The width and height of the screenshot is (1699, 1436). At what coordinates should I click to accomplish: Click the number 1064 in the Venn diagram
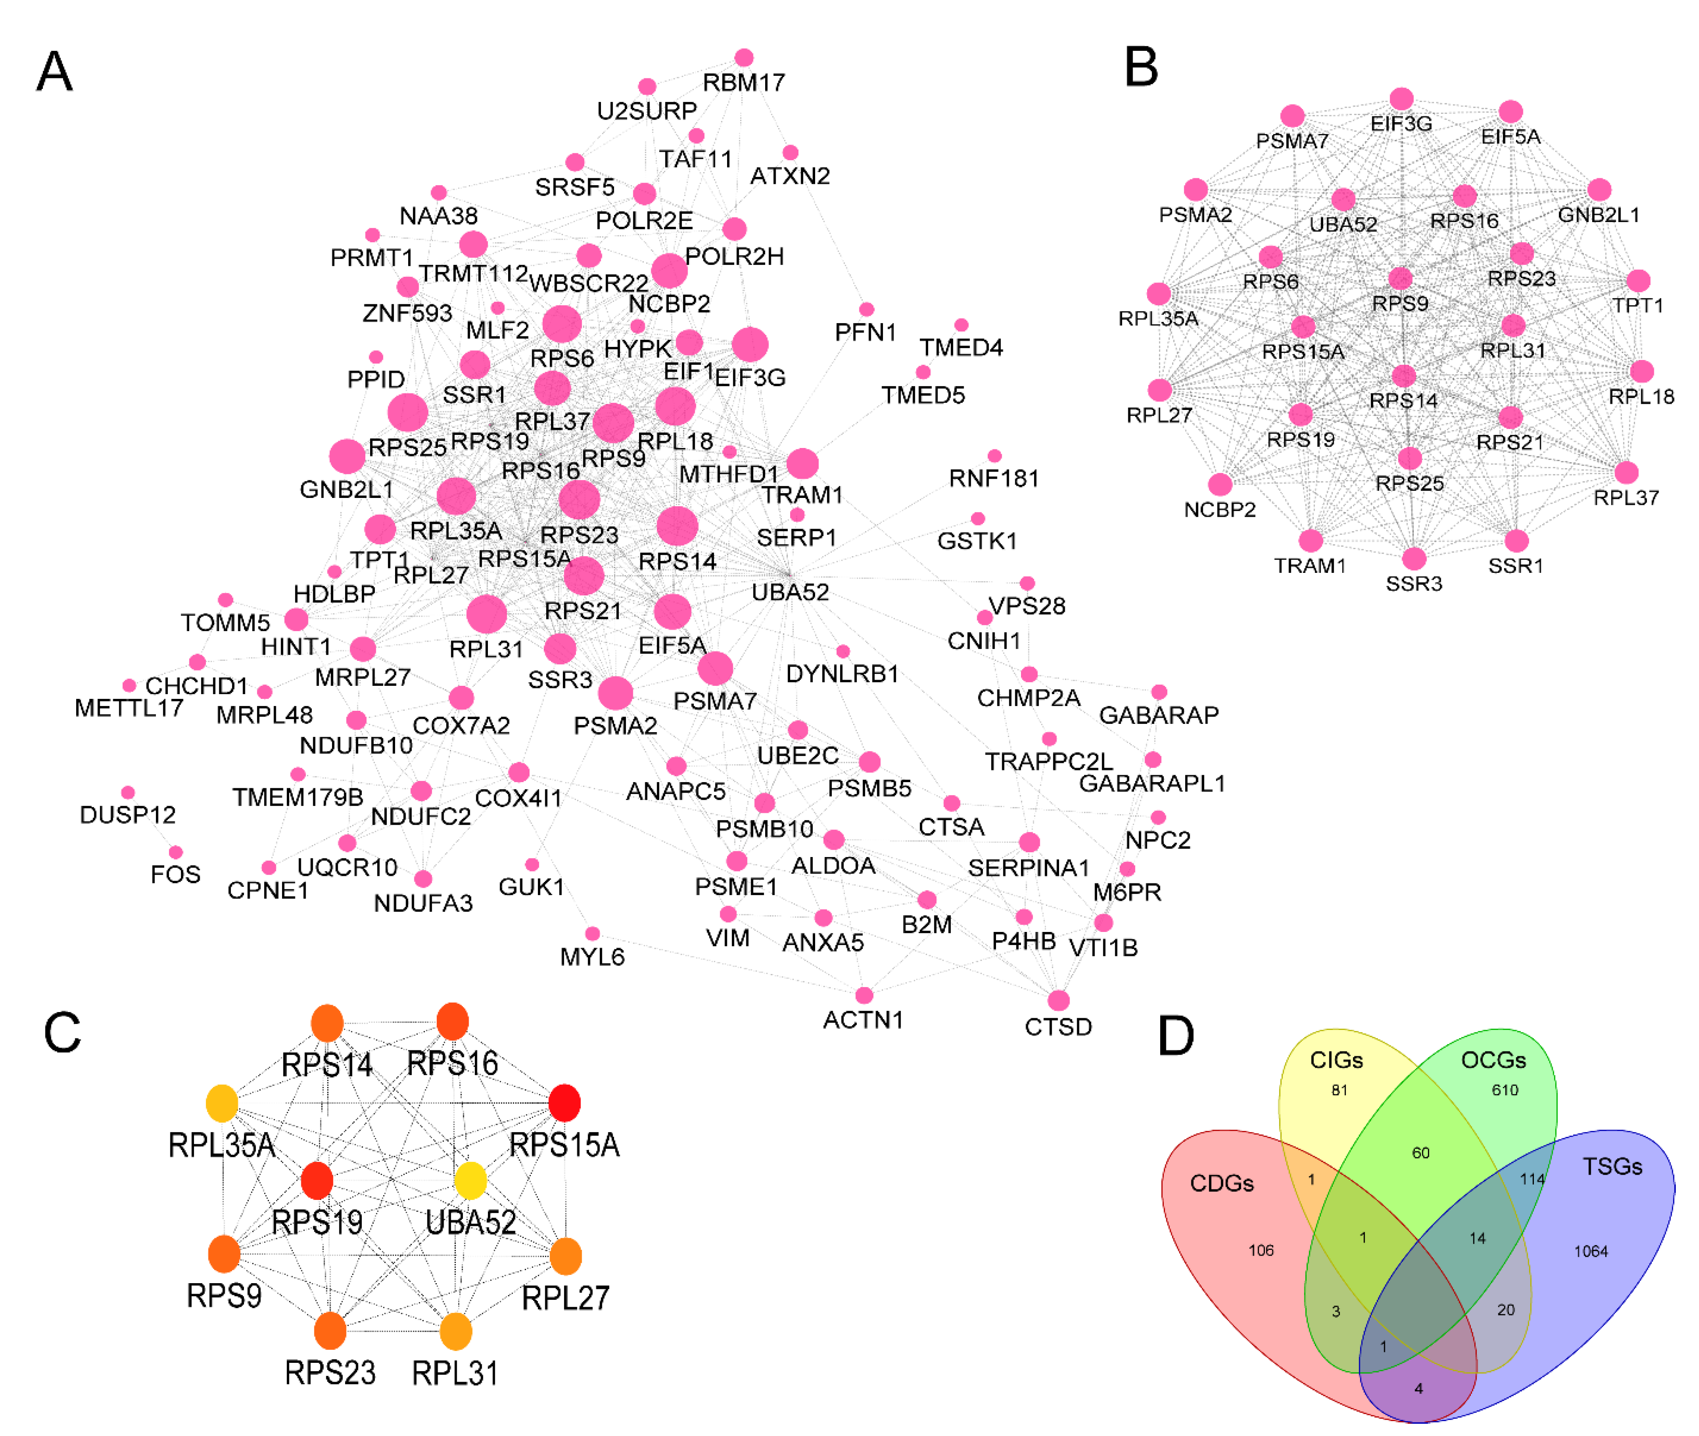pos(1590,1251)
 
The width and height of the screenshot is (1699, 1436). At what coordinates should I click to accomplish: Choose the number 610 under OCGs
pos(1505,1090)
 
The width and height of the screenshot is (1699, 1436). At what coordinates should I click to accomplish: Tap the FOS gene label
pos(175,874)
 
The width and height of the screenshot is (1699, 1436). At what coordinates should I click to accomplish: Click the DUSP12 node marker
pos(128,792)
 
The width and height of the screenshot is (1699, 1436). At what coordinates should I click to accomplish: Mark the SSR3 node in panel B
pos(1414,558)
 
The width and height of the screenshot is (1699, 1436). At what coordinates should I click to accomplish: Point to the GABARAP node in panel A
pos(1159,692)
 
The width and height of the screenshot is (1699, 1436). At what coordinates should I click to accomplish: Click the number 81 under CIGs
pos(1339,1090)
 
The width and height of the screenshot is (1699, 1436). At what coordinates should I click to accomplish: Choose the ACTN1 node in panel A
pos(864,995)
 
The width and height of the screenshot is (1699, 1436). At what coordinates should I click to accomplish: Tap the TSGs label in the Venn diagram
pos(1612,1167)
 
